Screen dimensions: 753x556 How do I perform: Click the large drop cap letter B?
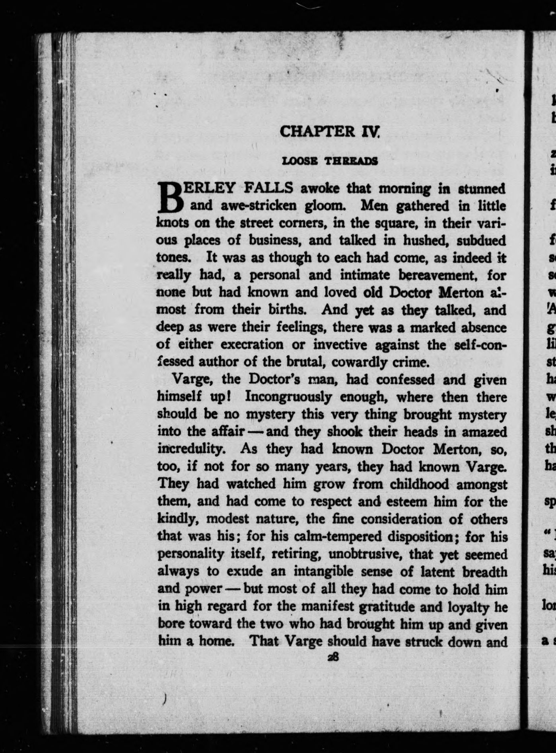coord(170,198)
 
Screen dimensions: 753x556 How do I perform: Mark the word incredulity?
coord(191,449)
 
